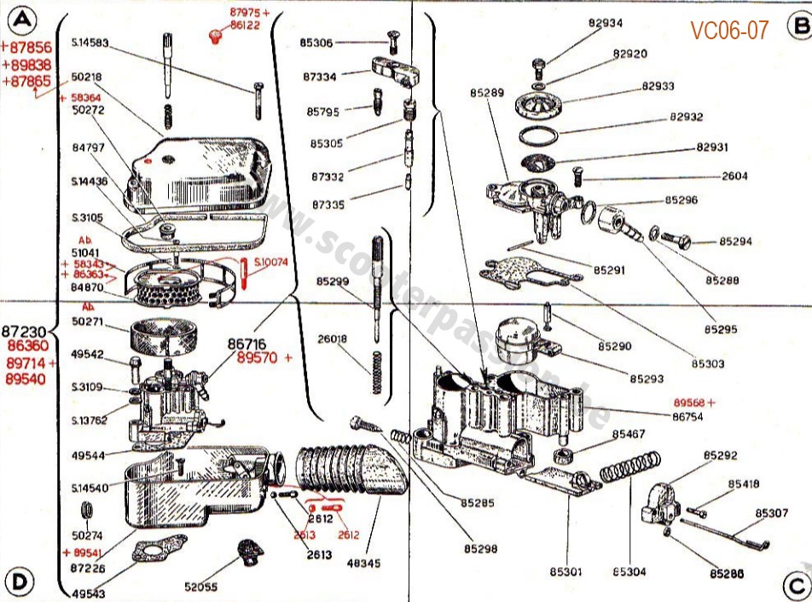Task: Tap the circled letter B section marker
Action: [x=799, y=26]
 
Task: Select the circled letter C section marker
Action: [x=795, y=585]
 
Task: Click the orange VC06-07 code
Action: [x=729, y=31]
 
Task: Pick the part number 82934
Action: [x=605, y=24]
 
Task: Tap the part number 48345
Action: [x=363, y=563]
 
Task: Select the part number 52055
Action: [x=202, y=586]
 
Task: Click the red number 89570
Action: [x=258, y=357]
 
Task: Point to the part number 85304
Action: [x=629, y=571]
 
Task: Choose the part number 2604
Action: [x=734, y=177]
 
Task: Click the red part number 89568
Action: [x=691, y=402]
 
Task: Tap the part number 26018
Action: [x=332, y=339]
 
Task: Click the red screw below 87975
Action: [x=214, y=35]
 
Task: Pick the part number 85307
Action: [x=772, y=513]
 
